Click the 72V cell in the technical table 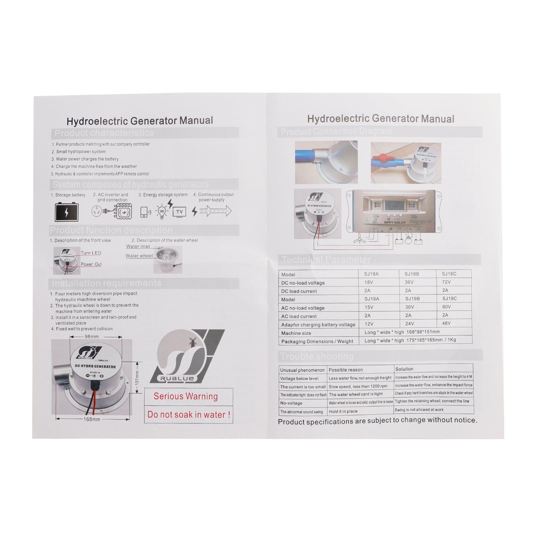pos(446,282)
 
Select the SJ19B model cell pos(412,299)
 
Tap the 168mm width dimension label pos(92,419)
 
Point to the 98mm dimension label pos(92,337)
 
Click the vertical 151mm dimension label pos(137,378)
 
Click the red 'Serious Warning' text pos(186,396)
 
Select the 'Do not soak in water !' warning pos(189,415)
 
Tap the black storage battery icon pos(67,212)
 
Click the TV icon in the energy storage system pos(180,212)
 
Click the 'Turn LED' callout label pos(91,253)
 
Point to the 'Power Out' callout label pos(91,265)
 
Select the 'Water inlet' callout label pos(138,247)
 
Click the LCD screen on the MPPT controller pos(395,205)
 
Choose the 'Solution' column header pos(404,369)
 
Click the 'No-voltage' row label pos(291,403)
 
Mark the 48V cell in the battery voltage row pos(446,323)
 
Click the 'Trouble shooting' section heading pos(316,356)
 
